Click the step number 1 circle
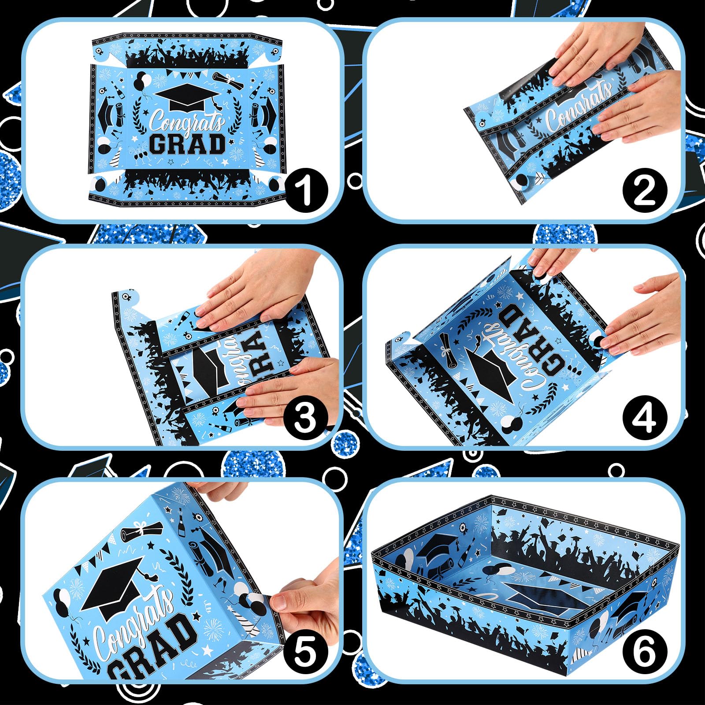(306, 191)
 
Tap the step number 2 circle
(645, 191)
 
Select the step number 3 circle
(305, 418)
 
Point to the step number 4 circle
(645, 418)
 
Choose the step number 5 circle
(305, 653)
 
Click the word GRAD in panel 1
(187, 144)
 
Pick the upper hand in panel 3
(247, 291)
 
